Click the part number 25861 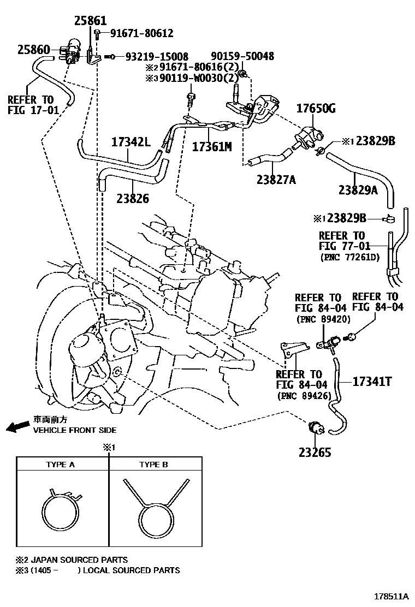(91, 21)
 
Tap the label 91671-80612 (141, 33)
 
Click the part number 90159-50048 (242, 56)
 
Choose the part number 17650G (316, 108)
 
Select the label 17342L (131, 141)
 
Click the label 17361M (211, 146)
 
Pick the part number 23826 (132, 199)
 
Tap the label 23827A (276, 178)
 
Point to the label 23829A (358, 189)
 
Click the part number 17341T (372, 381)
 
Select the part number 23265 (315, 452)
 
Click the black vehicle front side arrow (17, 426)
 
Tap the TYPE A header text (60, 465)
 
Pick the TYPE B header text (153, 465)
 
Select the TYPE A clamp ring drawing (62, 514)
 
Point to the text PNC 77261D (349, 257)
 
